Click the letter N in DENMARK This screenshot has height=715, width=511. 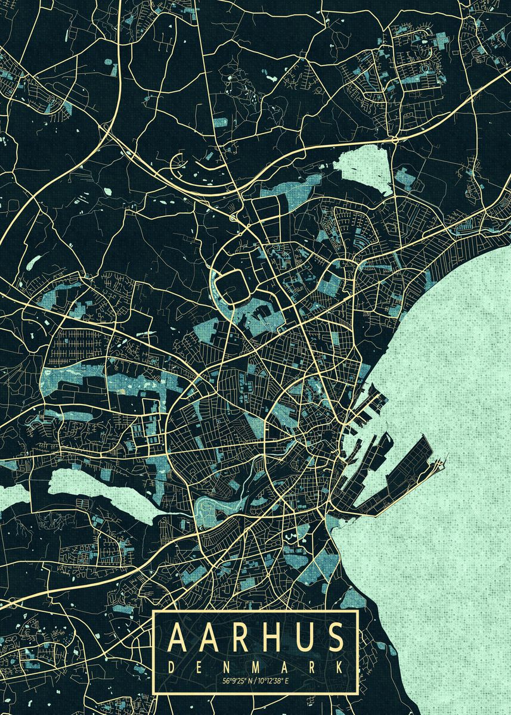click(x=227, y=667)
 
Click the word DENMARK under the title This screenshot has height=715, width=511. click(x=255, y=667)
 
